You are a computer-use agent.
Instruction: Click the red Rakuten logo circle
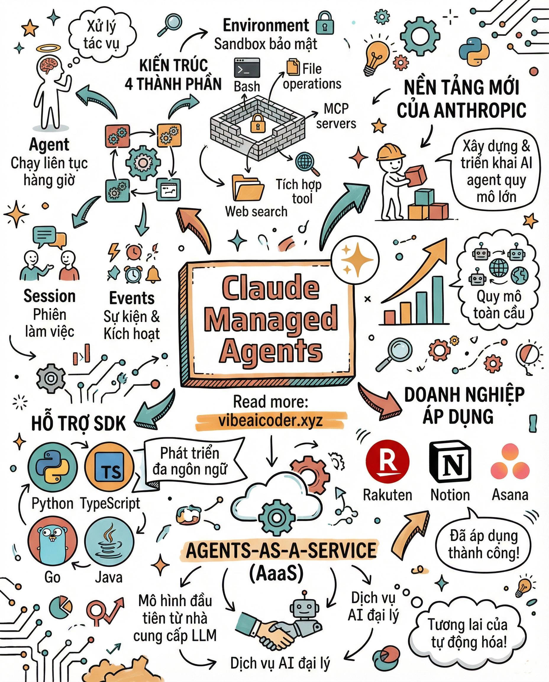(387, 462)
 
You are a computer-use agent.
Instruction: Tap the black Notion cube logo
(450, 462)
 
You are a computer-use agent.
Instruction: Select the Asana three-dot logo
(510, 462)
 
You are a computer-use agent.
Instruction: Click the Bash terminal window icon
(247, 68)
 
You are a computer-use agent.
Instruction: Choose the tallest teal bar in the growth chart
(438, 300)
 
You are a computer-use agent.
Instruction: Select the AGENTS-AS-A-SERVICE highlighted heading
(281, 550)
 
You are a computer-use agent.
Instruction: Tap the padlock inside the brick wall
(258, 123)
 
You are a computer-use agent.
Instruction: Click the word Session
(50, 297)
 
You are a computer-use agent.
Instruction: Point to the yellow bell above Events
(154, 274)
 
